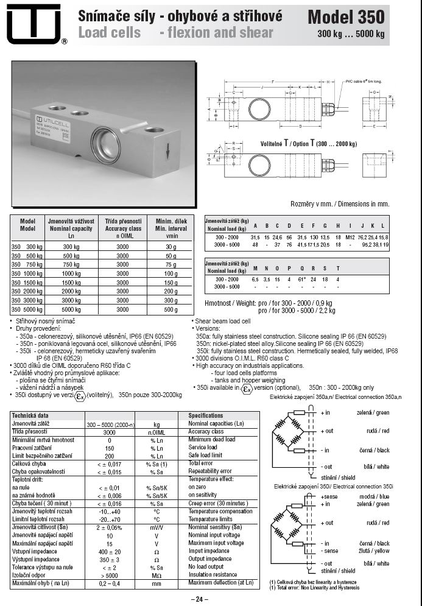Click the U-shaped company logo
coord(34,23)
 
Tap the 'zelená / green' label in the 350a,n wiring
coord(372,412)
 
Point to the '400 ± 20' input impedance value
coord(110,551)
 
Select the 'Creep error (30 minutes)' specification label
coord(218,503)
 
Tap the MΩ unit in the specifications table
coord(156,574)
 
